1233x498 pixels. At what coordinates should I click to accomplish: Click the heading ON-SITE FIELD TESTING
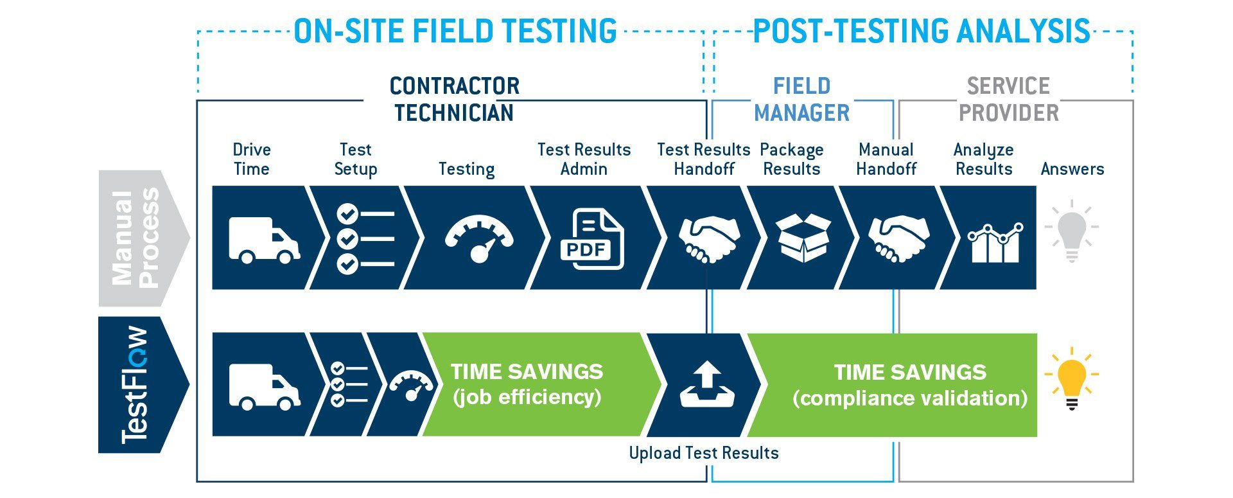pyautogui.click(x=455, y=31)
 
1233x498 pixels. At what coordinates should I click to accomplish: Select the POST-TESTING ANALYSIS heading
pyautogui.click(x=922, y=31)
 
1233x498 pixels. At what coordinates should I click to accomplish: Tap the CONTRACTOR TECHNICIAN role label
pyautogui.click(x=454, y=100)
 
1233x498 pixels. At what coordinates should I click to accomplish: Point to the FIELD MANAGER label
pyautogui.click(x=801, y=100)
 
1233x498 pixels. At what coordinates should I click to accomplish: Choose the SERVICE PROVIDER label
pyautogui.click(x=1008, y=100)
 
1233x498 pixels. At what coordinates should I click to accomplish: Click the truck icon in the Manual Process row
pyautogui.click(x=264, y=240)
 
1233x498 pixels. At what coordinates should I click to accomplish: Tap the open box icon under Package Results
pyautogui.click(x=803, y=238)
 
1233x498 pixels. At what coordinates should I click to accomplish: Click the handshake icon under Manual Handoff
pyautogui.click(x=898, y=238)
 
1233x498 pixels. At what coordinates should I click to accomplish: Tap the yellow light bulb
pyautogui.click(x=1071, y=379)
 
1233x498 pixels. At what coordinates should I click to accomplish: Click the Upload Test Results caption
pyautogui.click(x=704, y=453)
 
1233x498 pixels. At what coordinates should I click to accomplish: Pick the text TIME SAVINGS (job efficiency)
pyautogui.click(x=527, y=384)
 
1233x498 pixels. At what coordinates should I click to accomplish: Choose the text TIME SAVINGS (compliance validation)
pyautogui.click(x=910, y=385)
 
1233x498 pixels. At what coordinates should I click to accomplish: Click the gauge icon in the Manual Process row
pyautogui.click(x=479, y=239)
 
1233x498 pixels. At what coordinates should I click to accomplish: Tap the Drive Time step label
pyautogui.click(x=252, y=159)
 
